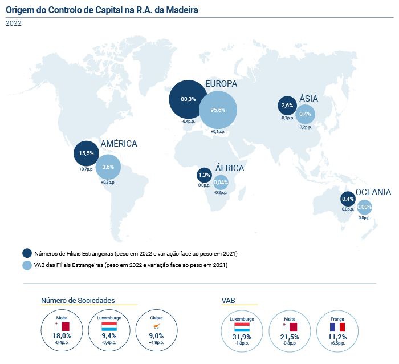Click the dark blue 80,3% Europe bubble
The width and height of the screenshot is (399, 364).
coord(188,99)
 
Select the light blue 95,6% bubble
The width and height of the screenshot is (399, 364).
coord(218,110)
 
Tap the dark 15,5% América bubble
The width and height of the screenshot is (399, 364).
coord(86,153)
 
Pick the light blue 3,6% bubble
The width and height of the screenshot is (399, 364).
coord(108,167)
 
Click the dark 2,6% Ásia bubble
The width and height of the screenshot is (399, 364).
coord(287,106)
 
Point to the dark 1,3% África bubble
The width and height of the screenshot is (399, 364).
coord(204,175)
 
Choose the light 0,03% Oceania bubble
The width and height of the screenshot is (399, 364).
coord(364,207)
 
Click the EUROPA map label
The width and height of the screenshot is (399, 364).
coord(221,84)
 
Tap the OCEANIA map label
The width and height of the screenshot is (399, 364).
coord(373,192)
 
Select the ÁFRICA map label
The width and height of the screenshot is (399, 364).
coord(230,168)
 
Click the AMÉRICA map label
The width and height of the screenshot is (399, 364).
coord(119,144)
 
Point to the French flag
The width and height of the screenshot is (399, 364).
coord(337,327)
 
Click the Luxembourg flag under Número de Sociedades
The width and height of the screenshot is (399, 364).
coord(109,327)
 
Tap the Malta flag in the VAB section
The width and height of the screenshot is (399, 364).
coord(294,327)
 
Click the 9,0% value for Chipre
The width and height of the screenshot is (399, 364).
coord(156,337)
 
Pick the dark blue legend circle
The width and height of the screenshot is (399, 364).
coord(27,253)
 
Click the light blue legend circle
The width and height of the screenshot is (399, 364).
coord(27,265)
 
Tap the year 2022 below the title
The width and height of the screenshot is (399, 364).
coord(14,23)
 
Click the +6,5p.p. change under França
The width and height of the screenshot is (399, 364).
coord(337,343)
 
